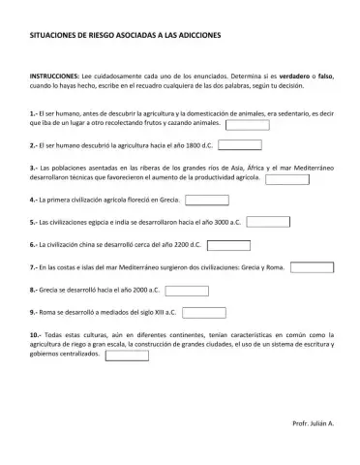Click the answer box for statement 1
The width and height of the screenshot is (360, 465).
(248, 124)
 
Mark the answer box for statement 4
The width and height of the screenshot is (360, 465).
(206, 201)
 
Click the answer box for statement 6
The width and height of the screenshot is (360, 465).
(228, 245)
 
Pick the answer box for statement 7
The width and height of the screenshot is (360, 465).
(313, 266)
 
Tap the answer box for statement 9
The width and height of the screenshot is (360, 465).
(206, 312)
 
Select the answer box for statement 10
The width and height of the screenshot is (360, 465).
(126, 355)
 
